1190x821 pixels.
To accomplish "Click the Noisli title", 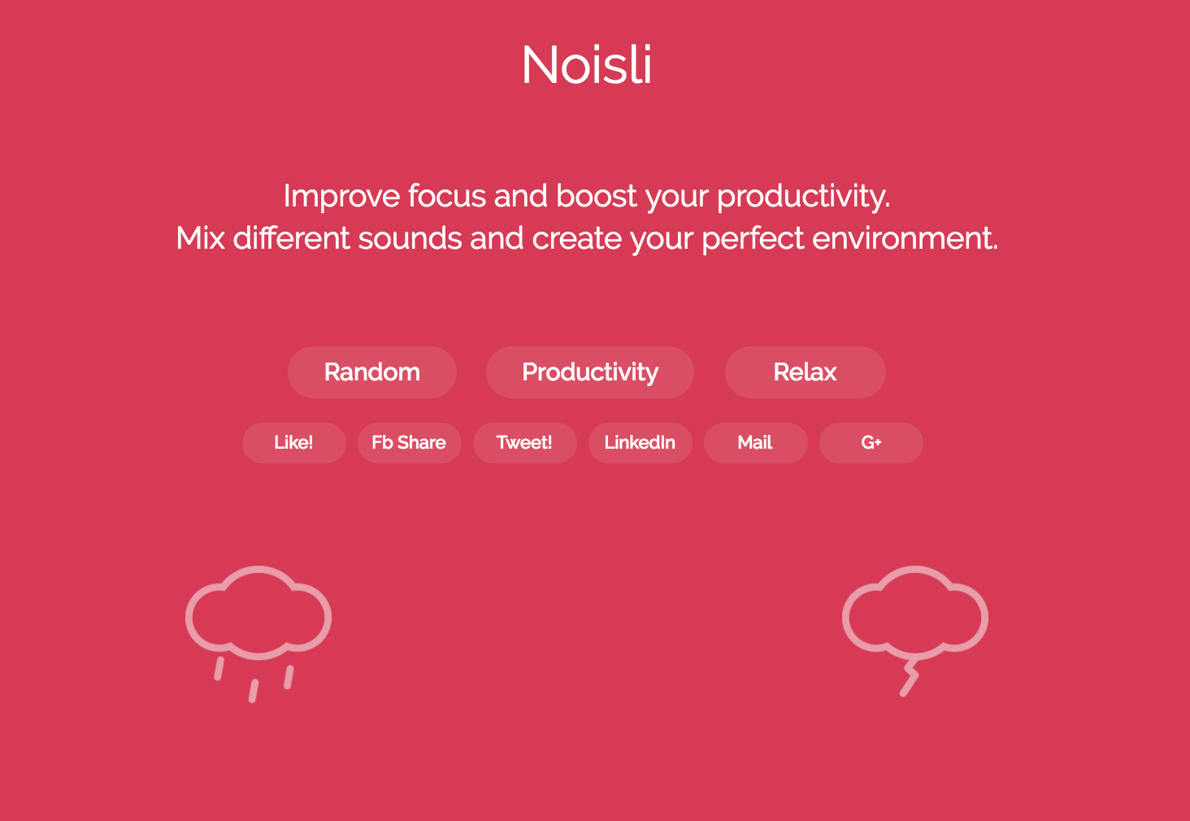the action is click(587, 65).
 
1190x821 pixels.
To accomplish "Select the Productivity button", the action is click(589, 372).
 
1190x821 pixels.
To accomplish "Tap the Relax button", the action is click(805, 372).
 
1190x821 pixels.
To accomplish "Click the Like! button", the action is click(293, 443).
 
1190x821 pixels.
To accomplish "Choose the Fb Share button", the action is click(409, 443).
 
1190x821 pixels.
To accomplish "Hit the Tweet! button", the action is click(524, 443).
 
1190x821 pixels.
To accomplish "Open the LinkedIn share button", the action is click(641, 443).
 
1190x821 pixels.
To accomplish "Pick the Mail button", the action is click(755, 443).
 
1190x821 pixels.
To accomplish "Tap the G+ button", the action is click(871, 443).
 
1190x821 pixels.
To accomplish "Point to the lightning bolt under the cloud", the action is click(910, 678).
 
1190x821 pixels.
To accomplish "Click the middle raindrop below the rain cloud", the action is click(254, 691).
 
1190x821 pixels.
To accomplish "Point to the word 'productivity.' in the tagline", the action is click(803, 196).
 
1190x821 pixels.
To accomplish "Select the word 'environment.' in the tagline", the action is click(905, 238).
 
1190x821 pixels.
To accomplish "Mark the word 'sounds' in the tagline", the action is click(410, 238).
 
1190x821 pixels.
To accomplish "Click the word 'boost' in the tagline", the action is click(596, 196).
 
